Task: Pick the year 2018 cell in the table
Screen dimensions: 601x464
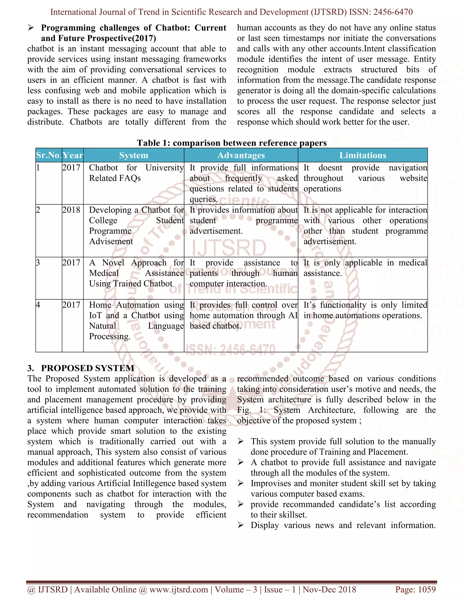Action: tap(71, 210)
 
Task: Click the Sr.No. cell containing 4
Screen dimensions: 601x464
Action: tap(38, 305)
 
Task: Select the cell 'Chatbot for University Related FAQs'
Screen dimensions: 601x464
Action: tap(136, 173)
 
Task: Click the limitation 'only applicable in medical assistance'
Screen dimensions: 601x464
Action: tap(365, 268)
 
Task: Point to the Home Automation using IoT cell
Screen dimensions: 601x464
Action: tap(136, 321)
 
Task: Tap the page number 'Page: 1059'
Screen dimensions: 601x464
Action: tap(415, 589)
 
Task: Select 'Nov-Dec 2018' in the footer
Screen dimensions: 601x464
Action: tap(329, 589)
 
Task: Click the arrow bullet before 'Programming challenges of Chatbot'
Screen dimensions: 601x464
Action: tap(31, 28)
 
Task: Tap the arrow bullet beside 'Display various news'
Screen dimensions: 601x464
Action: tap(241, 525)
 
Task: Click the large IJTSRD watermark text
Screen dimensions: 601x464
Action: tap(229, 248)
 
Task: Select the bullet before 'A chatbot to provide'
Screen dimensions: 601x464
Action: tap(241, 463)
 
